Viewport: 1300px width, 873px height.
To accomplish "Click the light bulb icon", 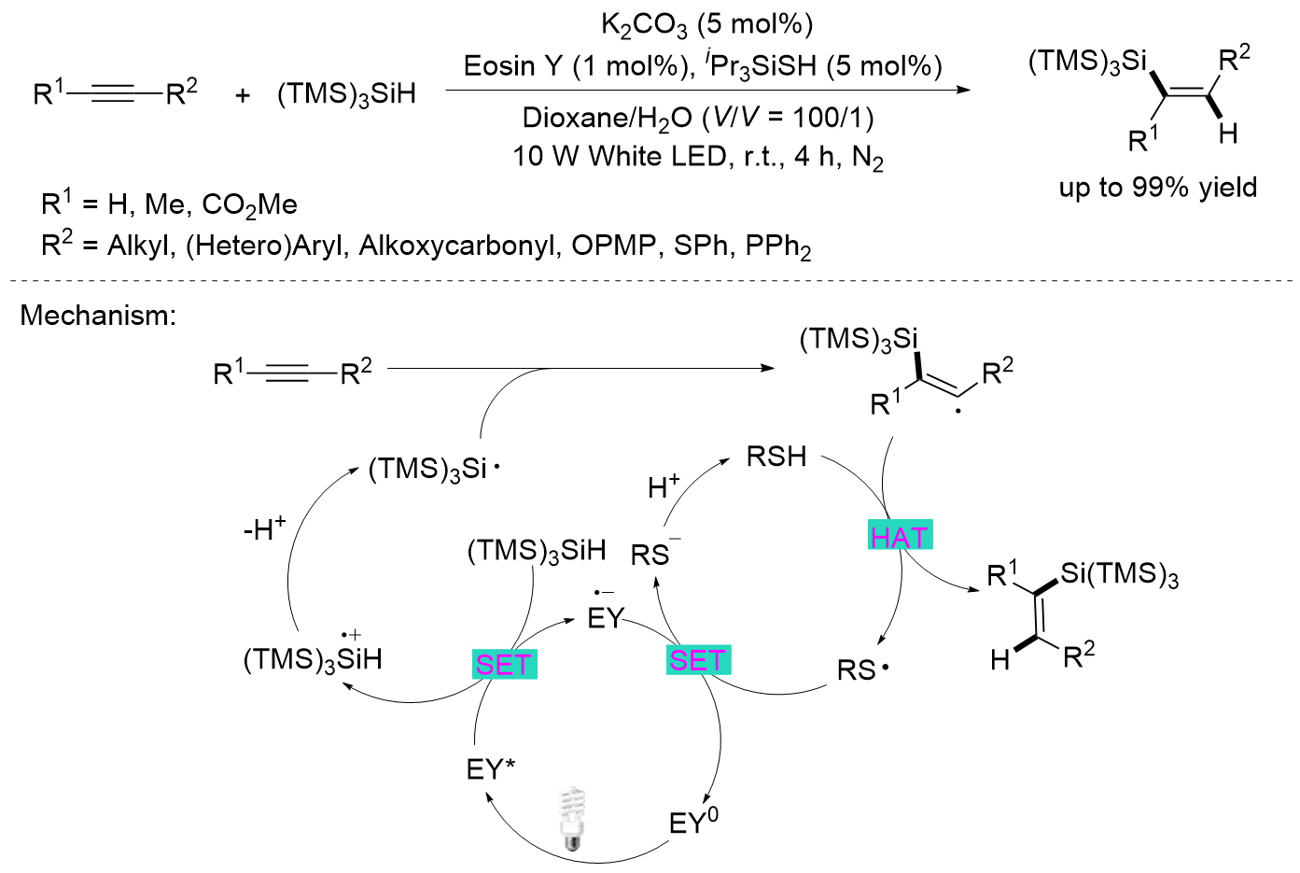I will coord(571,819).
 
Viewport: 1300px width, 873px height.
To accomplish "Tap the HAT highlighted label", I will coord(900,536).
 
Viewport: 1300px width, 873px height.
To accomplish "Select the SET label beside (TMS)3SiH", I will coord(504,664).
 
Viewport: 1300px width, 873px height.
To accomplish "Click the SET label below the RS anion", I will coord(697,660).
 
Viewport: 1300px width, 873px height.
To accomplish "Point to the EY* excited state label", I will coord(491,769).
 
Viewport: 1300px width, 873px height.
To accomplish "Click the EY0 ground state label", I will coord(693,822).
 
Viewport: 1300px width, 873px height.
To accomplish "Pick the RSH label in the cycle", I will coord(776,457).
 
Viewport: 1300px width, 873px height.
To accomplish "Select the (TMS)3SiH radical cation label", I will coord(313,658).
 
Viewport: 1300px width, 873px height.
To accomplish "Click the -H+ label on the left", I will coord(264,529).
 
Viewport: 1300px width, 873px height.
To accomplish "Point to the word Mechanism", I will coord(97,316).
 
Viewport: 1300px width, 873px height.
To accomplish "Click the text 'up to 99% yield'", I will coord(1157,188).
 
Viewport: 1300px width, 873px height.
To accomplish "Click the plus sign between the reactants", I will coord(243,94).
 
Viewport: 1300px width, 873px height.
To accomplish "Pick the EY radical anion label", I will coord(605,616).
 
